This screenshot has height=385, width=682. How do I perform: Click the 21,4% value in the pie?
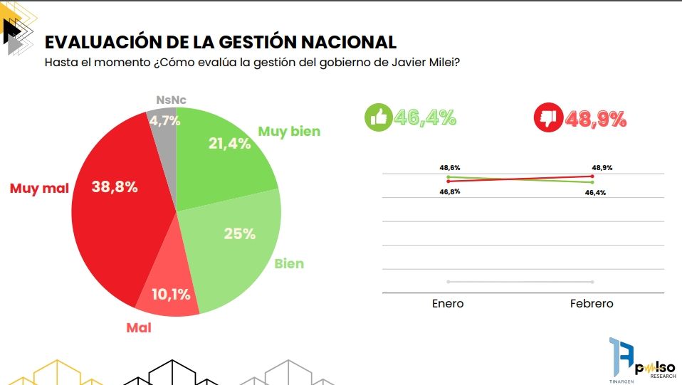pyautogui.click(x=229, y=144)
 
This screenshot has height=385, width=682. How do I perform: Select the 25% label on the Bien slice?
pyautogui.click(x=239, y=233)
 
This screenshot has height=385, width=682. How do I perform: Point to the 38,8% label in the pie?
pyautogui.click(x=115, y=187)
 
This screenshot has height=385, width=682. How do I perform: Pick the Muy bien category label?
pyautogui.click(x=289, y=131)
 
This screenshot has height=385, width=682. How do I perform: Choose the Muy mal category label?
pyautogui.click(x=39, y=189)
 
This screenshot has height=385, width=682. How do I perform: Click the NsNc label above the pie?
pyautogui.click(x=171, y=100)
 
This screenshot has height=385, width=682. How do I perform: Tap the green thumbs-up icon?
pyautogui.click(x=378, y=117)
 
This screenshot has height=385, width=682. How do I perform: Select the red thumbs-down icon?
pyautogui.click(x=548, y=117)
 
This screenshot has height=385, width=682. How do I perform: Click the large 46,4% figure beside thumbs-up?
pyautogui.click(x=425, y=117)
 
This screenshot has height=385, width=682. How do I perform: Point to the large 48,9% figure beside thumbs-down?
pyautogui.click(x=595, y=118)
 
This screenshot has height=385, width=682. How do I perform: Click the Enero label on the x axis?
pyautogui.click(x=448, y=304)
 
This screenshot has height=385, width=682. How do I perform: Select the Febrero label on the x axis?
pyautogui.click(x=592, y=304)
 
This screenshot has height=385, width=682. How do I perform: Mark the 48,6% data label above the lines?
pyautogui.click(x=450, y=168)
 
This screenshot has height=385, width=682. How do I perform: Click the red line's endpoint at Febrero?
pyautogui.click(x=592, y=176)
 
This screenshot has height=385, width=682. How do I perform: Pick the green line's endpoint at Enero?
pyautogui.click(x=448, y=176)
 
